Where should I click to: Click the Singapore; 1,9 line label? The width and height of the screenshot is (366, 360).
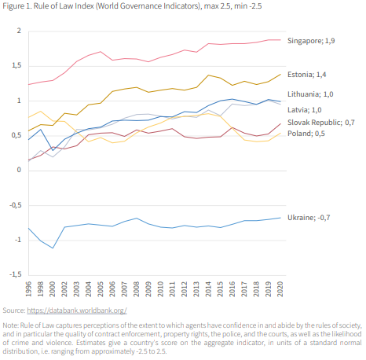coord(311,41)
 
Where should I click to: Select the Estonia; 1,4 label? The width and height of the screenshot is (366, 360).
coord(306,75)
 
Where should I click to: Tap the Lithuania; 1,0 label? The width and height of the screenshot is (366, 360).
coord(310,94)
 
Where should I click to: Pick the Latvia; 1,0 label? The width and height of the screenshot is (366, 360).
coord(305,110)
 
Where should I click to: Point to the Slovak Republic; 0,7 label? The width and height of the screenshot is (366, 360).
coord(321,123)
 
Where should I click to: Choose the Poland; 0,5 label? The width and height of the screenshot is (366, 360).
coord(306,134)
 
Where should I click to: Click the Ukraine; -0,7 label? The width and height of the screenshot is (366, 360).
coord(309,218)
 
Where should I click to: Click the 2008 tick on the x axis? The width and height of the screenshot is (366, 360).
coord(136,289)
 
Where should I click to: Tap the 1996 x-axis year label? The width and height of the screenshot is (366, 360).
coord(28,289)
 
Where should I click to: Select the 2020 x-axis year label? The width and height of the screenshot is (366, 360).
coord(280,289)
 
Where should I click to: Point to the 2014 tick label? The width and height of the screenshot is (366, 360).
coord(208,289)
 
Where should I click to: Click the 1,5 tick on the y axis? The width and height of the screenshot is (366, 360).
coord(16,65)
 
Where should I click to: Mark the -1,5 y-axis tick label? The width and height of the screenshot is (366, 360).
coord(16,274)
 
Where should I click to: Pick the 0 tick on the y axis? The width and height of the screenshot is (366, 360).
coord(19,170)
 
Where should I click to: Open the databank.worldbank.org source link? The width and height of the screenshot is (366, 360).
coord(77,310)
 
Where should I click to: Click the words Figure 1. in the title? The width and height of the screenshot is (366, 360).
coord(17,6)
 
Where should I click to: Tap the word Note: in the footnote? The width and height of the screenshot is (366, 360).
coord(11,325)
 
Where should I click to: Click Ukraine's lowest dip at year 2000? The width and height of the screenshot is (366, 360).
coord(53,248)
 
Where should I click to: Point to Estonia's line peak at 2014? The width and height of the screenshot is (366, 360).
coord(208,75)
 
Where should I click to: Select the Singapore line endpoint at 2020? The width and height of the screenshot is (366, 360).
coord(280,40)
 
